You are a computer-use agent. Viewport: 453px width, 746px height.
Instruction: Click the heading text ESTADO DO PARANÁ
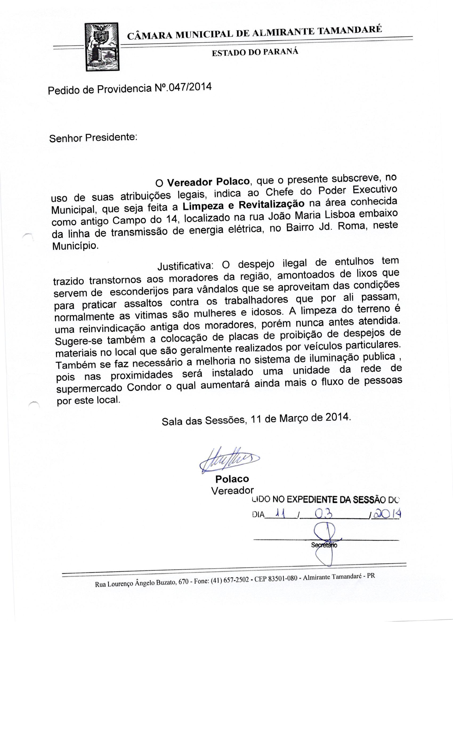tap(255, 52)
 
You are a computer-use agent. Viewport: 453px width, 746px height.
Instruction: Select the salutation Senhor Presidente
tap(93, 138)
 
